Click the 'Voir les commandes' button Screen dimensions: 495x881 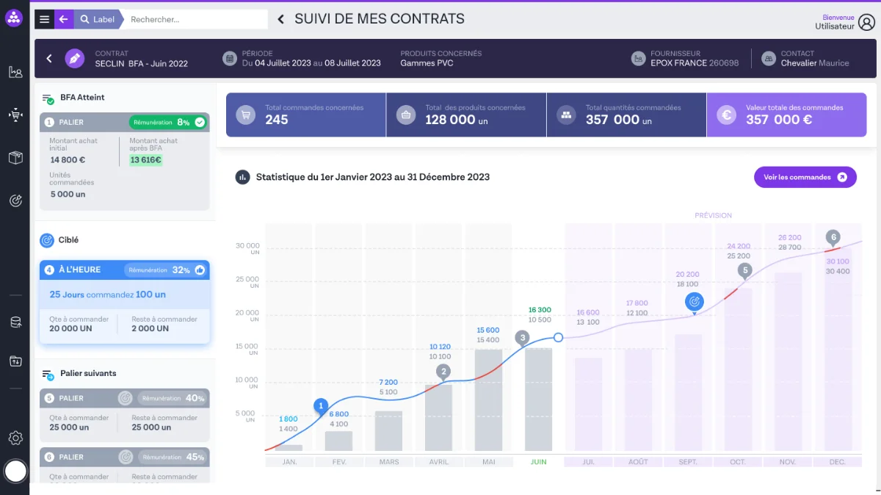805,177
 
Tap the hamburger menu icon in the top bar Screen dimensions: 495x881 44,19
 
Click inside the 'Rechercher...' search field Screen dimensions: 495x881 195,19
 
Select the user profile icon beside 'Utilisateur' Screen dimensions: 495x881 867,22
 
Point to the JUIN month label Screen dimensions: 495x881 538,462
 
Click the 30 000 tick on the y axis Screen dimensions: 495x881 247,246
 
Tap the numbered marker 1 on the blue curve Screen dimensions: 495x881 320,405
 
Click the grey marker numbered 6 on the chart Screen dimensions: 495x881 832,237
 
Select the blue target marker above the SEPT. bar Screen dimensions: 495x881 694,301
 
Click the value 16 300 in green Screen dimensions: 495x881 540,310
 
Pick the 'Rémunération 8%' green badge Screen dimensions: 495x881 169,122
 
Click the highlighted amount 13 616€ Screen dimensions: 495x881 145,160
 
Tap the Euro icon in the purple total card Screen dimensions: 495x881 727,115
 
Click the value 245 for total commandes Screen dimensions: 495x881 277,120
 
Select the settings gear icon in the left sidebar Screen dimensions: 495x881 15,438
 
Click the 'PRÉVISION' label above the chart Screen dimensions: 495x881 713,215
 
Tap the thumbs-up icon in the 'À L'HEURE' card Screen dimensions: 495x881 200,270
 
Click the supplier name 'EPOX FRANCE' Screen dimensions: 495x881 675,63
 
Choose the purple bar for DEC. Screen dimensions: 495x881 838,353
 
